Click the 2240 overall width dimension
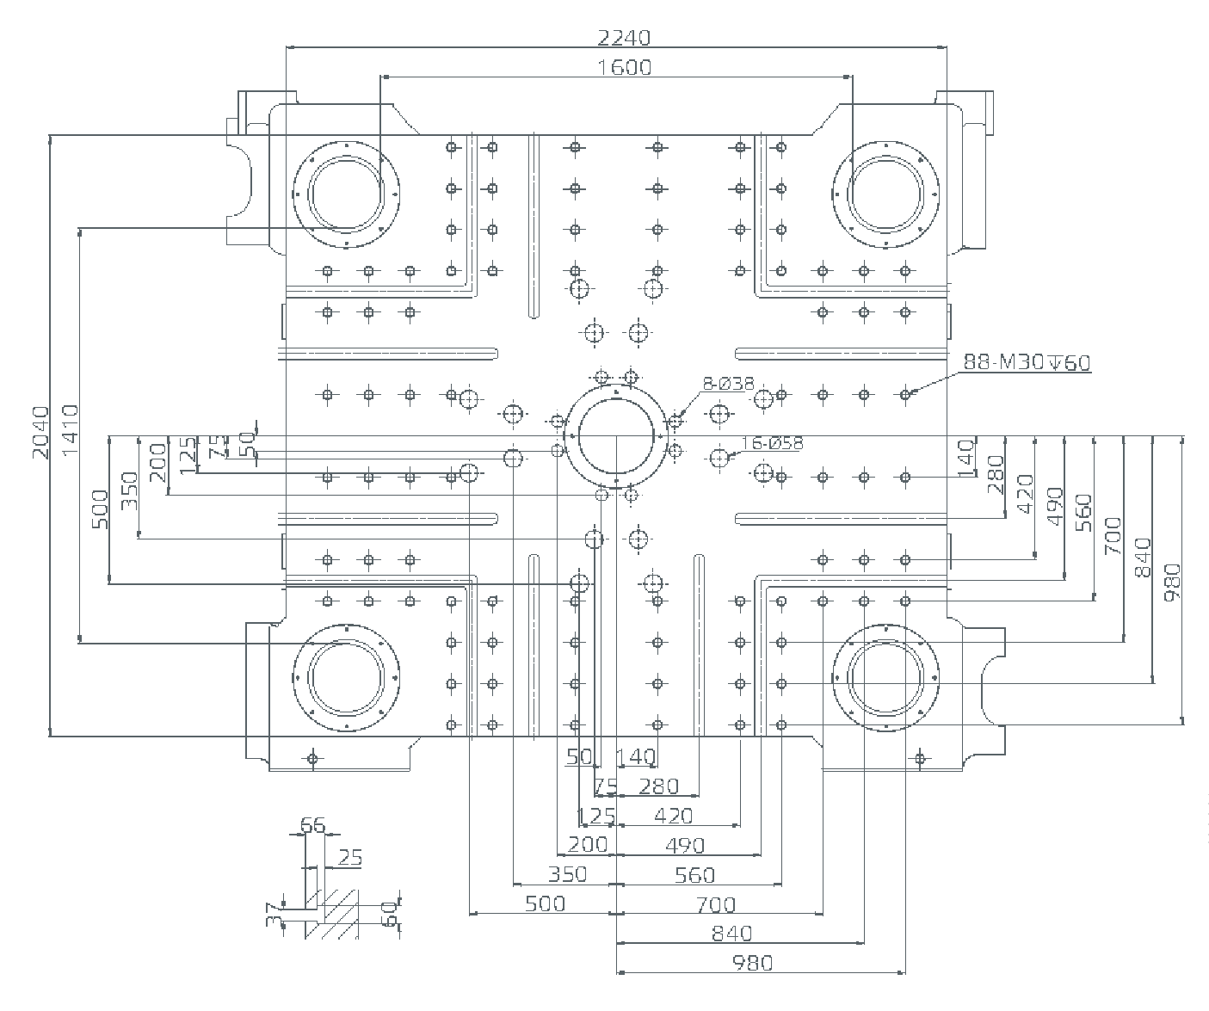624,37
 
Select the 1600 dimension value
624,66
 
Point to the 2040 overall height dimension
40,433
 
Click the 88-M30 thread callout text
1027,362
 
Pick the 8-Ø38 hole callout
728,385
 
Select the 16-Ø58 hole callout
771,443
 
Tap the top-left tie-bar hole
346,194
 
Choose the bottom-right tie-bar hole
885,677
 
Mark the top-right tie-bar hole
885,194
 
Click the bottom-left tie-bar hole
346,677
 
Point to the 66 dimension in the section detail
313,826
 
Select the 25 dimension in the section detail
350,857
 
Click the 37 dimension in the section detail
274,913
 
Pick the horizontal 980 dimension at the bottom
752,963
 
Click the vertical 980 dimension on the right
1172,582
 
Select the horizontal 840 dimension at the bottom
731,933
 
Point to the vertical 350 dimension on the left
129,490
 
